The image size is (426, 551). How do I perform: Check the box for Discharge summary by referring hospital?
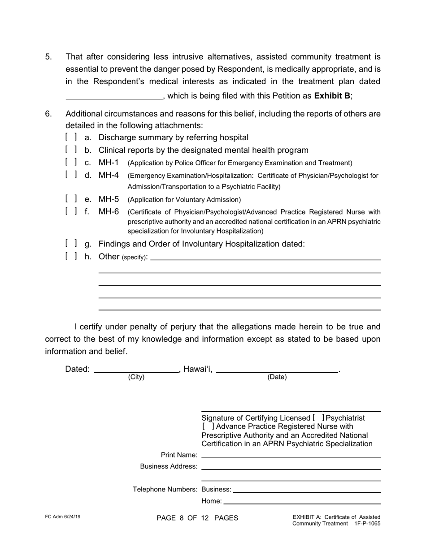[x=71, y=137]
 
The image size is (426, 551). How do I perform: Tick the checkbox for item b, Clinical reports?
[x=71, y=150]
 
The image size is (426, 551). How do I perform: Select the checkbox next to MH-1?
[x=71, y=162]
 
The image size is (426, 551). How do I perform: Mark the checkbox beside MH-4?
[x=71, y=175]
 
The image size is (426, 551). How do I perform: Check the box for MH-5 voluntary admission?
[x=71, y=199]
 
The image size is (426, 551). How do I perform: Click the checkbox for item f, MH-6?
[x=71, y=211]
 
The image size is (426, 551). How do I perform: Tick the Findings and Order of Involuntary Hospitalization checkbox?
[x=71, y=244]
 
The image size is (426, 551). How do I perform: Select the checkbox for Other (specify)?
[x=71, y=256]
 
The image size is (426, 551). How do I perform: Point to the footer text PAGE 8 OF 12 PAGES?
[x=197, y=518]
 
